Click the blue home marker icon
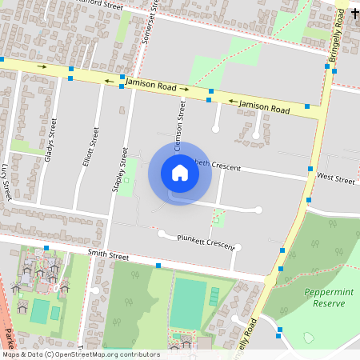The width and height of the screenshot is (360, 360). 180,172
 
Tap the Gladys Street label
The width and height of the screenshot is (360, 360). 52,141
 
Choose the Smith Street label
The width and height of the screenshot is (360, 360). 108,256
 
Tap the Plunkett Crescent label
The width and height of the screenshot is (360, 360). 206,242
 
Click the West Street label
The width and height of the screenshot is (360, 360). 335,178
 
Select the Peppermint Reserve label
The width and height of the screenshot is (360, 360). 325,298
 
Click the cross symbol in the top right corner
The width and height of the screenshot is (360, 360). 354,14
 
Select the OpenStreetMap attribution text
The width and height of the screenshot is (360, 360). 80,354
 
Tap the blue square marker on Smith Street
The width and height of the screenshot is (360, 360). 158,265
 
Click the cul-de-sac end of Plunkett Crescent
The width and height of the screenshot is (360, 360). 162,234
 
